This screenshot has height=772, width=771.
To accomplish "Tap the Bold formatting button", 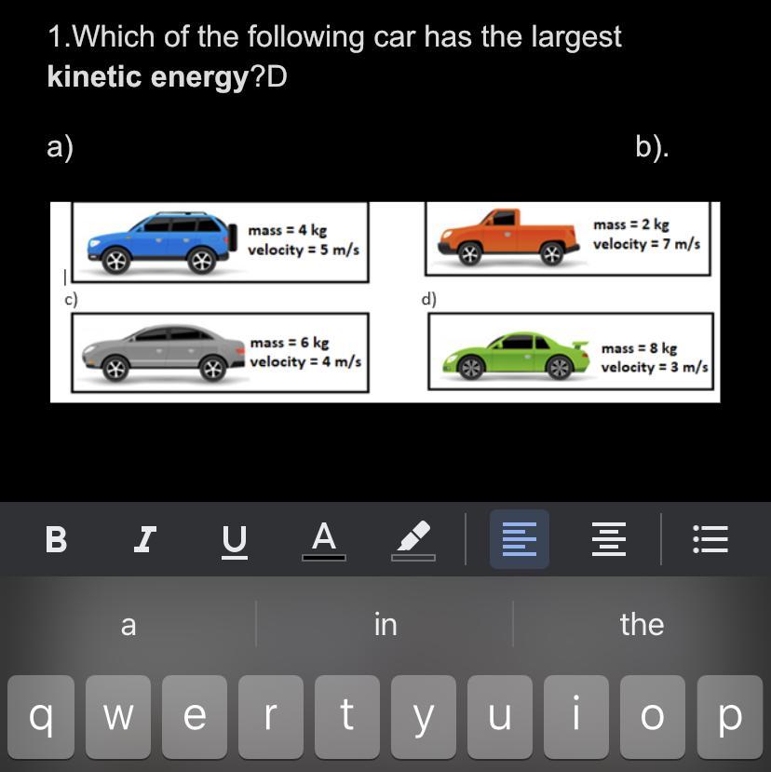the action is [56, 539].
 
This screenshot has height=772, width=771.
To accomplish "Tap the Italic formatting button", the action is [145, 539].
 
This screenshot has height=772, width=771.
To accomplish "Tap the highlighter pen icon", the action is [413, 540].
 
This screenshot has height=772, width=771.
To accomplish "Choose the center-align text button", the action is [609, 539].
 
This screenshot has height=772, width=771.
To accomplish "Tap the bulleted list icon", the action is [710, 539].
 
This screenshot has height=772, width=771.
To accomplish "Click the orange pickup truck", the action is [508, 237].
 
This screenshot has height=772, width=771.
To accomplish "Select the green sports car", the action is [516, 355].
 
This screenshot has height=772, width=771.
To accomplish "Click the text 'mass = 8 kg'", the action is [639, 348].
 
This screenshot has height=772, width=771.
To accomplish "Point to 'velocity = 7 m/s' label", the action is [646, 244].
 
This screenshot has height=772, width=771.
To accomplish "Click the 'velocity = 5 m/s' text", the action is [304, 250].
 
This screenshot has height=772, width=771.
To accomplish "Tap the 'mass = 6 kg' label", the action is [290, 342].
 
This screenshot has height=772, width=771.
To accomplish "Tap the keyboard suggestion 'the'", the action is [642, 624].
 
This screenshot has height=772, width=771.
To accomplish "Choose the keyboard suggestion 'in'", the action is [385, 624].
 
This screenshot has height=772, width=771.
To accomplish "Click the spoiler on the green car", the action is [580, 345].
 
